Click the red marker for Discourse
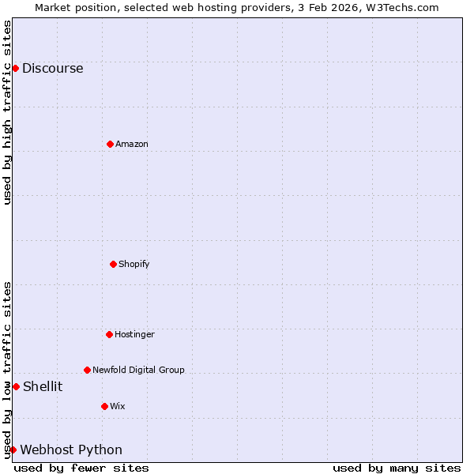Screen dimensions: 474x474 [15, 68]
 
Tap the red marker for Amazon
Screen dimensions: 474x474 [110, 144]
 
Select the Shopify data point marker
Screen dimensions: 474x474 [113, 264]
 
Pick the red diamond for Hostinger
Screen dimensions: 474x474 [109, 334]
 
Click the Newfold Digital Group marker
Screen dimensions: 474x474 [87, 370]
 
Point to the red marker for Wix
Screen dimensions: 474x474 [104, 406]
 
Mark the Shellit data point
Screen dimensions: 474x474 [16, 386]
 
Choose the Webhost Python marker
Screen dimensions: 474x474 [13, 450]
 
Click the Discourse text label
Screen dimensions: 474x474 [52, 68]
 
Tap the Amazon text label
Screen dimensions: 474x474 [131, 144]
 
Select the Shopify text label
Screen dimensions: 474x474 [134, 264]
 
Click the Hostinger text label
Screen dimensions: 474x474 [134, 334]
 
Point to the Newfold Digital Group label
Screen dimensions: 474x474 [138, 370]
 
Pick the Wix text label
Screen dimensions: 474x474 [117, 406]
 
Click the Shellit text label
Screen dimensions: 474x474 [43, 386]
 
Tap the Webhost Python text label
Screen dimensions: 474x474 [71, 450]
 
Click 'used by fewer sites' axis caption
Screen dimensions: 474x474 [81, 468]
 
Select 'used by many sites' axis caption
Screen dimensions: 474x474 [397, 468]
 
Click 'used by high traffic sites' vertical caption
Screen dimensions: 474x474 [7, 112]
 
